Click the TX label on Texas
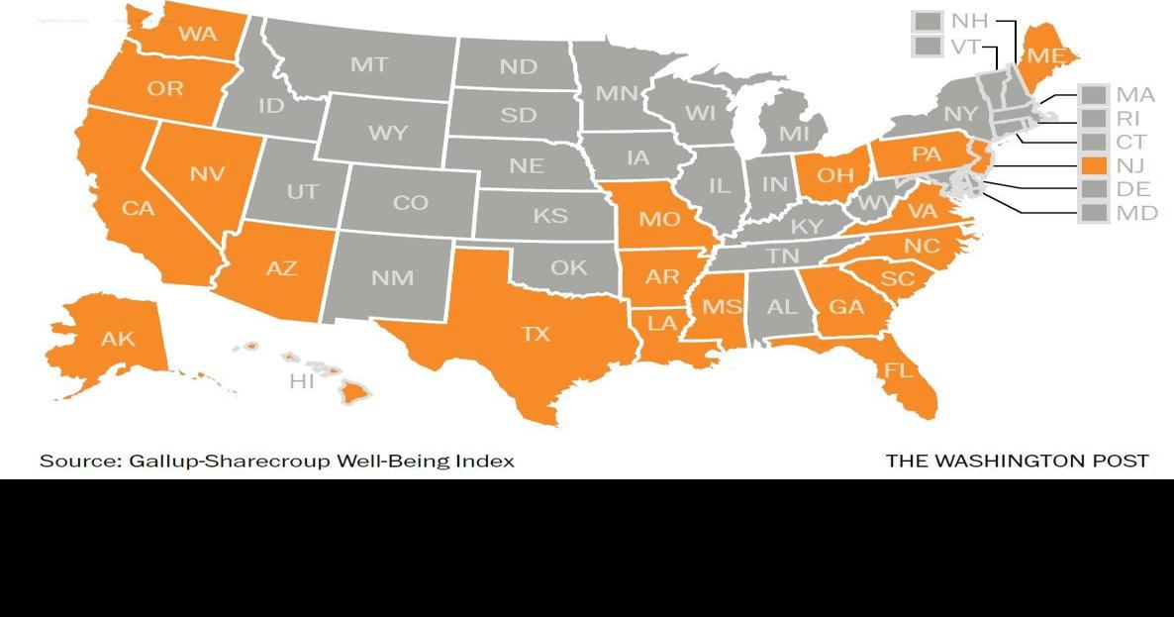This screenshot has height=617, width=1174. (x=536, y=334)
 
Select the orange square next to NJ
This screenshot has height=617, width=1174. (x=1094, y=164)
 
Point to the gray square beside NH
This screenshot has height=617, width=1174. (x=928, y=21)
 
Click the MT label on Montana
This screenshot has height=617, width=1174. (x=369, y=65)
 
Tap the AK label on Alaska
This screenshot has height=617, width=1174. (x=118, y=339)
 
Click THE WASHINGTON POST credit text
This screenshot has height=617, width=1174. (x=1017, y=462)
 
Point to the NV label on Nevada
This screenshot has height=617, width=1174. (x=207, y=174)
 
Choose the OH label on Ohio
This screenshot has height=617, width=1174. (x=834, y=175)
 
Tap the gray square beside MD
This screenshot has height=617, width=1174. (x=1094, y=212)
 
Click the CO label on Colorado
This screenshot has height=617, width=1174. (x=410, y=203)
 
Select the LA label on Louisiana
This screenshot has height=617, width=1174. (x=662, y=322)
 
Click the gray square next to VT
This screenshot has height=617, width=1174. (x=928, y=47)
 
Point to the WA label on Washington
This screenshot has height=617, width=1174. (x=198, y=34)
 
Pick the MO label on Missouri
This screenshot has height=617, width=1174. (x=658, y=219)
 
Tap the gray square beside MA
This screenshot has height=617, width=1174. (x=1094, y=95)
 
